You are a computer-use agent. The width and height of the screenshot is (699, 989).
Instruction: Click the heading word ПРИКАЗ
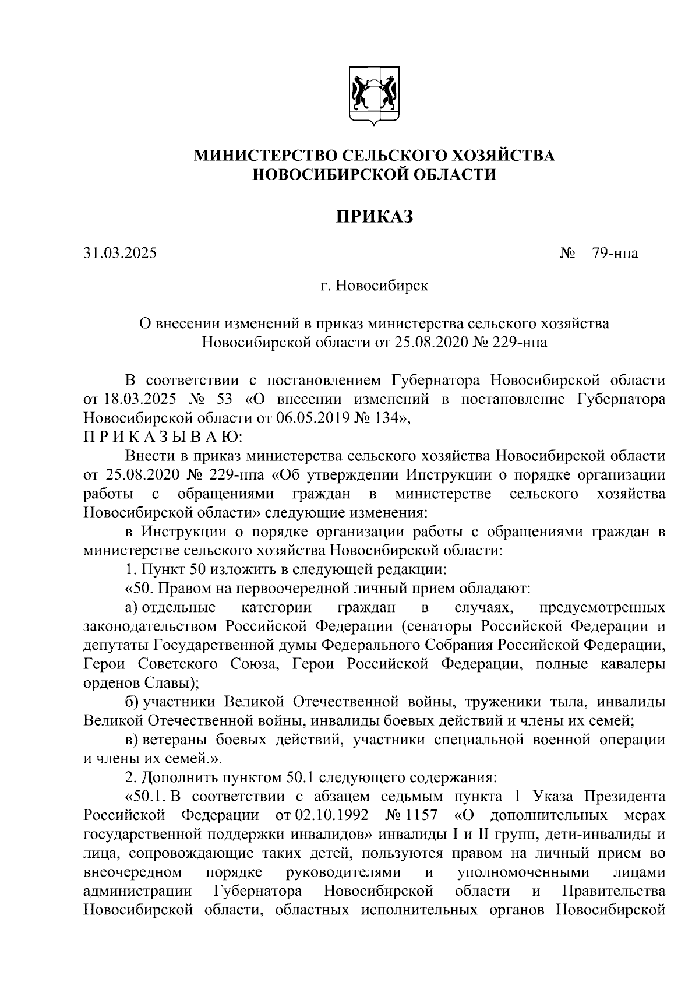374,217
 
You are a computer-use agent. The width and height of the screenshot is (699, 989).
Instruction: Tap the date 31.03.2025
120,254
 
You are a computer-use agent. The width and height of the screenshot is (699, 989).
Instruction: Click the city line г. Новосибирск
374,286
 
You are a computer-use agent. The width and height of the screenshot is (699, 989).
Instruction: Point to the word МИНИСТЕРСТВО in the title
264,156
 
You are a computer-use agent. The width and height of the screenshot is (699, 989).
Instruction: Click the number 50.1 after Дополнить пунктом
302,777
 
